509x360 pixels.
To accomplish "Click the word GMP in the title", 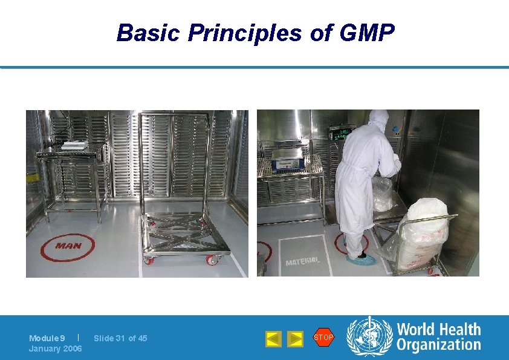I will point(368,33).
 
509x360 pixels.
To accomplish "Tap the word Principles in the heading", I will point(244,33).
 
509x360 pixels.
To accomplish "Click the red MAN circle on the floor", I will point(68,246).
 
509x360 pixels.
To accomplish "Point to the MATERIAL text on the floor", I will point(302,262).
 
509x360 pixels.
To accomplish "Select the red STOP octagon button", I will point(323,337).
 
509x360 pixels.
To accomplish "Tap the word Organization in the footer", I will point(438,345).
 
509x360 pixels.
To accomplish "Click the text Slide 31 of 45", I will point(120,338).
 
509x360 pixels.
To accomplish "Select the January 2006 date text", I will point(56,349).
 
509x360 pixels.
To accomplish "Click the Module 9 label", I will point(47,338).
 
